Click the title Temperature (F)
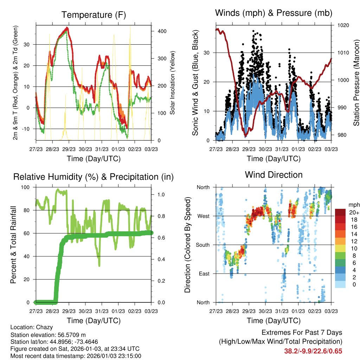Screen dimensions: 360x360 93,15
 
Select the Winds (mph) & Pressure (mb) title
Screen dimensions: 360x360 274,13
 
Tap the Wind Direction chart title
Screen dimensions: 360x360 274,174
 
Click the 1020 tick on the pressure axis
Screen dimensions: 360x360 342,25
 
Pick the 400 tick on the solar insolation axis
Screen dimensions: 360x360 162,31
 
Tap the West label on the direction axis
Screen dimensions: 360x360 203,216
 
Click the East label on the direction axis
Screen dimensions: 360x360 204,274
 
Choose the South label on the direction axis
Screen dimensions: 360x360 202,245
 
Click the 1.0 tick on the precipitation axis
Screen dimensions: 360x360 161,194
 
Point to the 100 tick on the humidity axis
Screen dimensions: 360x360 26,187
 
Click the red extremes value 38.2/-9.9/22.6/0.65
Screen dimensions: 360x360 313,351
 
